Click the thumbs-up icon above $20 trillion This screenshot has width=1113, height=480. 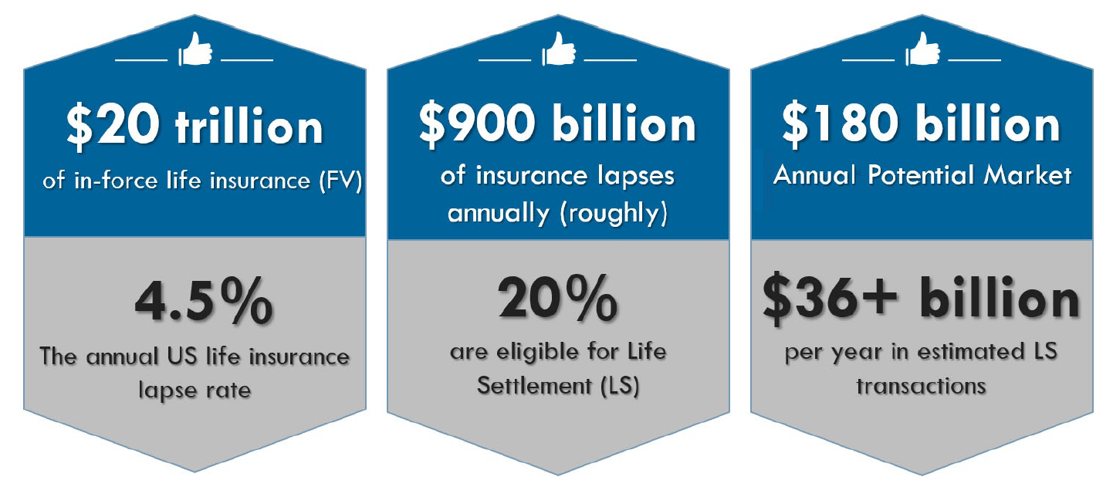pyautogui.click(x=195, y=49)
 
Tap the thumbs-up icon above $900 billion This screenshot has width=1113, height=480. pyautogui.click(x=559, y=49)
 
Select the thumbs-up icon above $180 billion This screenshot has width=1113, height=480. pyautogui.click(x=922, y=49)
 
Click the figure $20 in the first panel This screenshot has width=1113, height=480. pyautogui.click(x=113, y=127)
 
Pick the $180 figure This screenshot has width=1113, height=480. pyautogui.click(x=841, y=124)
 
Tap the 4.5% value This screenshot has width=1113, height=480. pyautogui.click(x=204, y=301)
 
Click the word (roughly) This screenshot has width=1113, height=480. pyautogui.click(x=614, y=215)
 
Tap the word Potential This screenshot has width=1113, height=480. pyautogui.click(x=921, y=175)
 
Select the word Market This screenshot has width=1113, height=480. pyautogui.click(x=1027, y=175)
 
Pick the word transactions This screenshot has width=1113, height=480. pyautogui.click(x=922, y=386)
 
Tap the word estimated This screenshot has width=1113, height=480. pyautogui.click(x=972, y=352)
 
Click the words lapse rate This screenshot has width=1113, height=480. pyautogui.click(x=195, y=390)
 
